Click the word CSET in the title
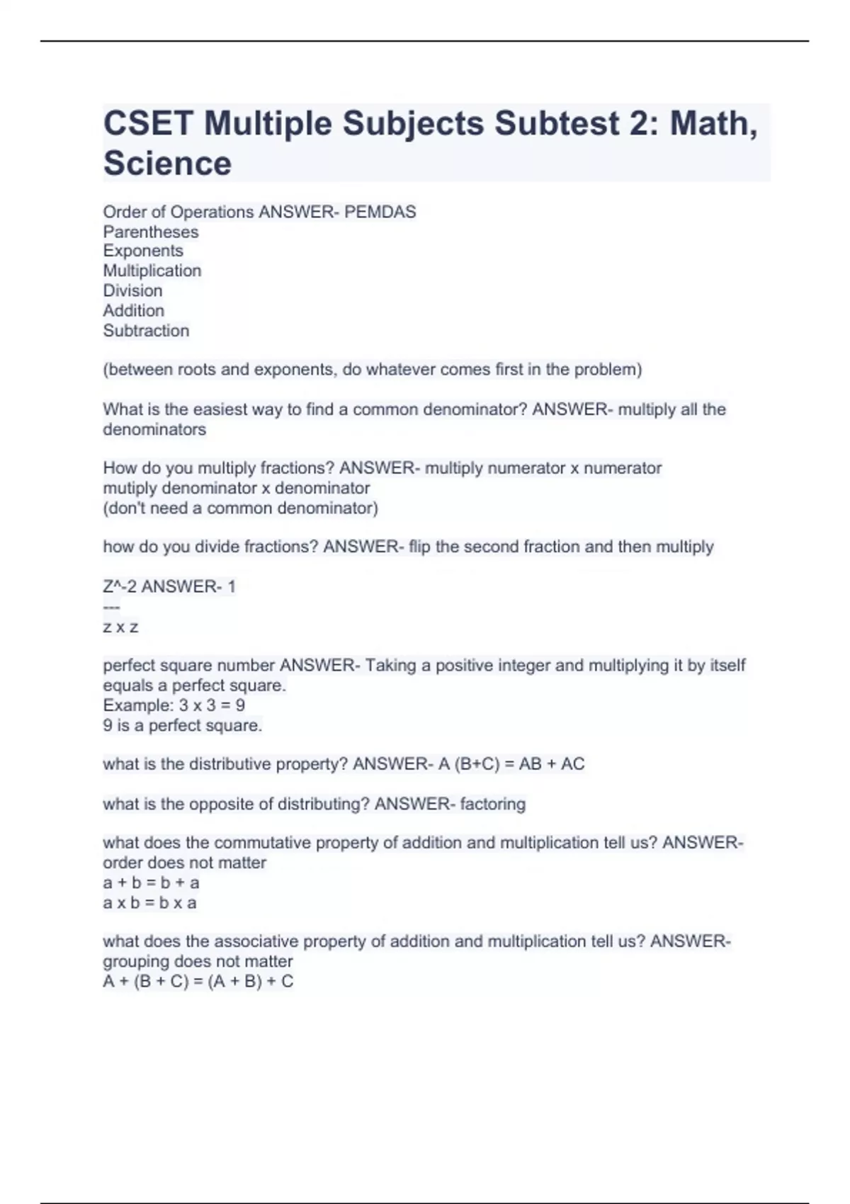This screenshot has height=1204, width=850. click(148, 124)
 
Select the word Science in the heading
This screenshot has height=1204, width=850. click(167, 164)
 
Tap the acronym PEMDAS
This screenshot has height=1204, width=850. click(380, 212)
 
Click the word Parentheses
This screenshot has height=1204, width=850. click(151, 232)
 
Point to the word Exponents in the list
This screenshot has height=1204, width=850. click(143, 251)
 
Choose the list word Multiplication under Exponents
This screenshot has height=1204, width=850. click(152, 271)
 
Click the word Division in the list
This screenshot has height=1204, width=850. click(132, 291)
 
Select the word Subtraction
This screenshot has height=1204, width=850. click(146, 331)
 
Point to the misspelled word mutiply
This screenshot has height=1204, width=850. click(130, 489)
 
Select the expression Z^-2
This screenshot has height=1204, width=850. click(120, 587)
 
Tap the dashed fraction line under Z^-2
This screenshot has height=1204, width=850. click(111, 607)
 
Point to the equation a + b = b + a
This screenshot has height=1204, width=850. click(151, 883)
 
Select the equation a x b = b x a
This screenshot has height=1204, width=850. click(149, 903)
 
